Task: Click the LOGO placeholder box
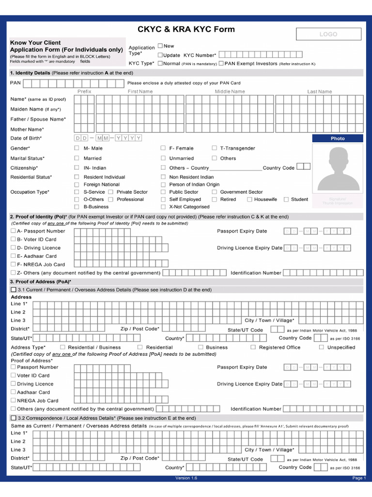(328, 34)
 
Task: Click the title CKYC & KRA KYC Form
(186, 29)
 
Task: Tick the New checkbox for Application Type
(160, 46)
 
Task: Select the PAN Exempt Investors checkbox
(221, 63)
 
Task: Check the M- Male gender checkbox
(77, 148)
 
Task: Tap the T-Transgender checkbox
(214, 148)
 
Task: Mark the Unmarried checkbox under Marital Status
(163, 158)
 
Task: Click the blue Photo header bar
(338, 138)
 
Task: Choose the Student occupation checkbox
(286, 199)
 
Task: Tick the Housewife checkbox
(249, 199)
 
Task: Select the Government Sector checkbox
(214, 192)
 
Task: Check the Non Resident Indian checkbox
(163, 177)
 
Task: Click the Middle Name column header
(230, 91)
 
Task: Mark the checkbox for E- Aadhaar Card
(13, 256)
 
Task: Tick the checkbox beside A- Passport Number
(13, 231)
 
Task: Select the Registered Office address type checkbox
(253, 347)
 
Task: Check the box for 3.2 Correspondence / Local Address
(13, 418)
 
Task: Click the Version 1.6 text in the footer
(186, 478)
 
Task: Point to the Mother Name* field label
(27, 130)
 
